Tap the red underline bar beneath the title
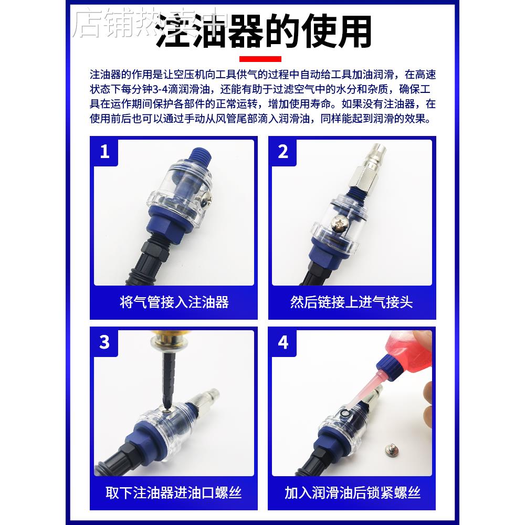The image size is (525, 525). click(x=260, y=59)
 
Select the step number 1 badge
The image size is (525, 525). click(x=105, y=152)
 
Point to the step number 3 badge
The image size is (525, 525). click(x=105, y=342)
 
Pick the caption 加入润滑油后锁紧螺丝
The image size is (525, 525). click(x=352, y=493)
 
